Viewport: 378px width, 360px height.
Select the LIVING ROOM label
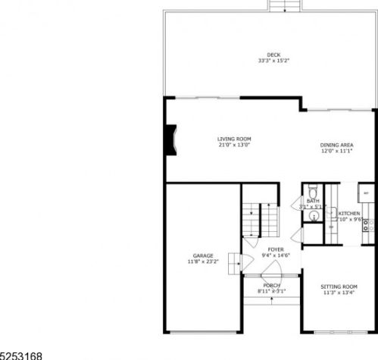tap(212, 139)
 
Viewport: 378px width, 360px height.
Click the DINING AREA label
tap(336, 145)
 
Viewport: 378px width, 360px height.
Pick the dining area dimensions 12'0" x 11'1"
tap(336, 152)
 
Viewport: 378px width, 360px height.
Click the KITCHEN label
tap(349, 214)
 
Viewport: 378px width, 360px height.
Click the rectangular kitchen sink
tap(331, 227)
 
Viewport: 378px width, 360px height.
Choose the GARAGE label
tap(202, 255)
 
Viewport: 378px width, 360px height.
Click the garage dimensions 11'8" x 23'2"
tap(202, 262)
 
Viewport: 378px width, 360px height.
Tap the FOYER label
tap(275, 249)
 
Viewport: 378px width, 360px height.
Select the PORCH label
tap(272, 285)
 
